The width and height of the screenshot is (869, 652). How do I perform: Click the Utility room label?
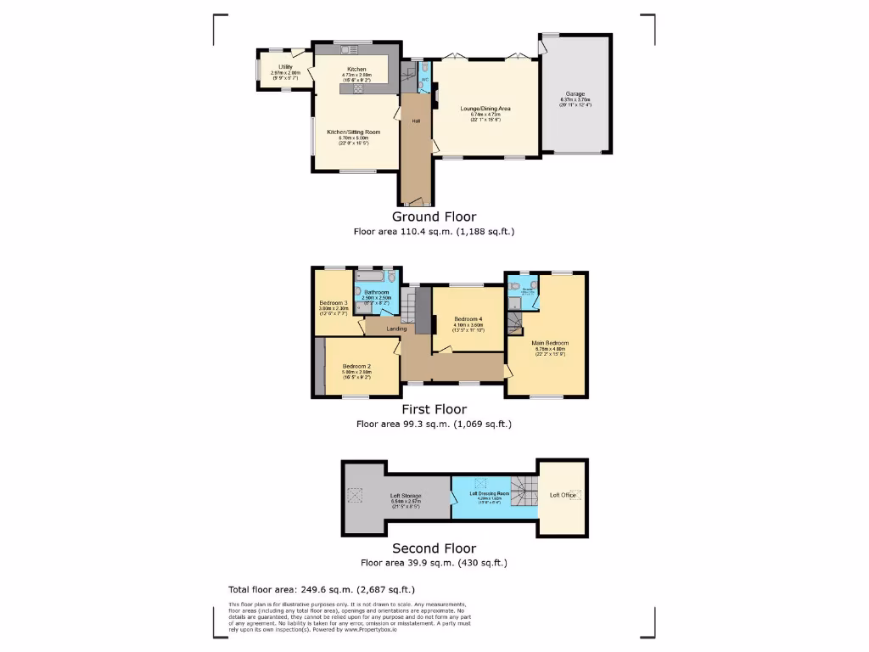284,66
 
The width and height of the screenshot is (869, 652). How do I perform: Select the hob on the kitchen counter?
358,87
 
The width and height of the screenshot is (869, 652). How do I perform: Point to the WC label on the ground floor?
425,80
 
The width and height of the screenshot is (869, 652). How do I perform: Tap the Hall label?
416,121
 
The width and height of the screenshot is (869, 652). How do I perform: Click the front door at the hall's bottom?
416,203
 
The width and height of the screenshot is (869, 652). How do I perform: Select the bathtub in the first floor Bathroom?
371,277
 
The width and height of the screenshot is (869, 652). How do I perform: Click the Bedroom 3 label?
334,303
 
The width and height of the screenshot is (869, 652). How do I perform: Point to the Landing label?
396,329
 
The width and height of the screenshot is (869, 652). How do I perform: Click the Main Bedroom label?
550,343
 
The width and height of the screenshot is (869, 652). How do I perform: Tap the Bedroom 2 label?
357,366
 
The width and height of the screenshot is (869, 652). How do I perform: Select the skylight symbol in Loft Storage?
354,495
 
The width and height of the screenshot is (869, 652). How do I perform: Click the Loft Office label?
562,495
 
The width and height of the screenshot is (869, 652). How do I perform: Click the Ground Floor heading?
434,216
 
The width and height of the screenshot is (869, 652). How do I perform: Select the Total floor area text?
322,589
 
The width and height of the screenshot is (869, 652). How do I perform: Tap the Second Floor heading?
434,548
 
